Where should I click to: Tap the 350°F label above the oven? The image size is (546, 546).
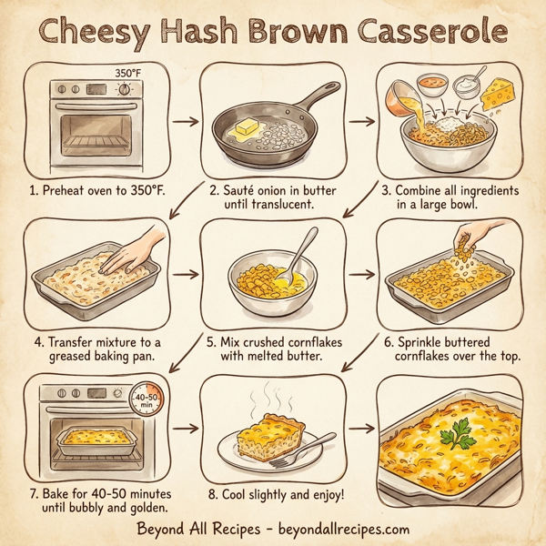(128, 71)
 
